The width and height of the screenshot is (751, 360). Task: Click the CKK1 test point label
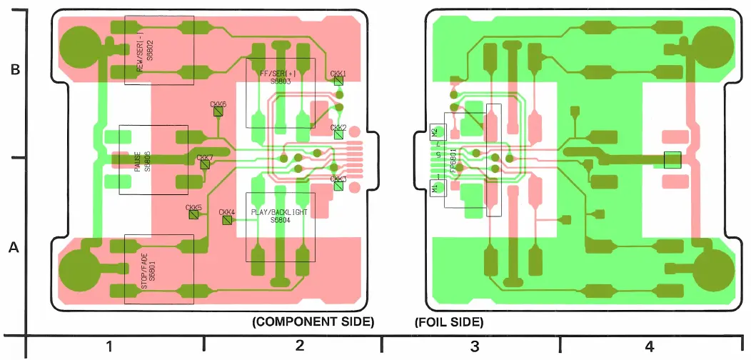pos(338,74)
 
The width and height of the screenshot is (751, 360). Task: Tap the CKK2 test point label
pos(338,127)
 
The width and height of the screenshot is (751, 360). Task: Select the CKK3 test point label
pos(338,179)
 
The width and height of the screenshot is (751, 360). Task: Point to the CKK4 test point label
pos(227,212)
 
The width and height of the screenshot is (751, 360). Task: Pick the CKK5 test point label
pos(193,208)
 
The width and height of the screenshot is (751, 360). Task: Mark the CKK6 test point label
pos(218,104)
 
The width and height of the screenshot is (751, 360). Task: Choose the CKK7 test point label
pos(205,157)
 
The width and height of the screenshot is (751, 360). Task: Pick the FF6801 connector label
pos(453,160)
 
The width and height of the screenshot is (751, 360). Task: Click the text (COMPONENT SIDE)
pos(313,322)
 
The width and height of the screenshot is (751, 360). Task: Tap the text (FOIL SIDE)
pos(449,322)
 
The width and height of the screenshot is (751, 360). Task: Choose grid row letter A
pos(13,248)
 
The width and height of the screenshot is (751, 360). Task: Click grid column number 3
pos(474,347)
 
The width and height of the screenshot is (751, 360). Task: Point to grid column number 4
pos(649,347)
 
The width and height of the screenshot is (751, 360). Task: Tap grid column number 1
pos(109,347)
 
